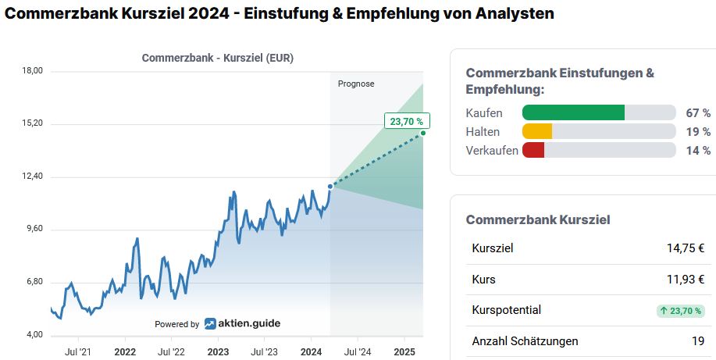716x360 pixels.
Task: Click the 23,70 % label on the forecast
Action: pyautogui.click(x=407, y=121)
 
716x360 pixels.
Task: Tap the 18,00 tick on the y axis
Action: pyautogui.click(x=33, y=71)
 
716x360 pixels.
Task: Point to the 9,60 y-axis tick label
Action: pyautogui.click(x=33, y=230)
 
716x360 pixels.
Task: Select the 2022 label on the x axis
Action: pyautogui.click(x=125, y=351)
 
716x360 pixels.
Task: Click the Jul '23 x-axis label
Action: pyautogui.click(x=265, y=351)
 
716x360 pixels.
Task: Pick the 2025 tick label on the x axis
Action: pyautogui.click(x=404, y=351)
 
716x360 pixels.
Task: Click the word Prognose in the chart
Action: pyautogui.click(x=356, y=84)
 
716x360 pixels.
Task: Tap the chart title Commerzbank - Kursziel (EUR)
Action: pyautogui.click(x=218, y=58)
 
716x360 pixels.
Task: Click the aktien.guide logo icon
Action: pyautogui.click(x=211, y=324)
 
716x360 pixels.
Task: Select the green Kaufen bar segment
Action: pyautogui.click(x=573, y=112)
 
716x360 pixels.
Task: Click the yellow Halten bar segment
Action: pyautogui.click(x=537, y=131)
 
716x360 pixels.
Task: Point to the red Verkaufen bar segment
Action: pyautogui.click(x=533, y=150)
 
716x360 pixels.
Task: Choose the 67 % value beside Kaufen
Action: pyautogui.click(x=698, y=112)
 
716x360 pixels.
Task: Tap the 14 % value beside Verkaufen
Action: pyautogui.click(x=698, y=150)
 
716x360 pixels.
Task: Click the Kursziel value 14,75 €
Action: pyautogui.click(x=686, y=248)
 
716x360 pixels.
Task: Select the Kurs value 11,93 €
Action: pyautogui.click(x=686, y=279)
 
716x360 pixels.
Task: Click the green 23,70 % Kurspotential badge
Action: pyautogui.click(x=681, y=310)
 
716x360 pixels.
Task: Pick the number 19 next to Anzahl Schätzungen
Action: pyautogui.click(x=698, y=340)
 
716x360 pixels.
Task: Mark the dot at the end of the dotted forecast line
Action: pyautogui.click(x=423, y=134)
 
